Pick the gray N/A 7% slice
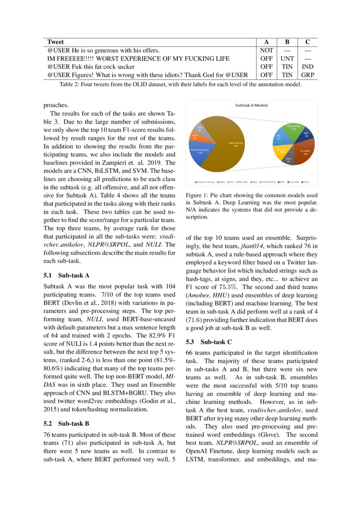tap(200, 128)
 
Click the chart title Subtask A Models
tap(251, 105)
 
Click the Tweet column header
tap(55, 42)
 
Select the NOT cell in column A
tap(266, 50)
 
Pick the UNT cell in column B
tap(286, 58)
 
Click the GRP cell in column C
tap(307, 74)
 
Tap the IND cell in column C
tap(307, 67)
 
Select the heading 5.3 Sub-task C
tap(209, 341)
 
